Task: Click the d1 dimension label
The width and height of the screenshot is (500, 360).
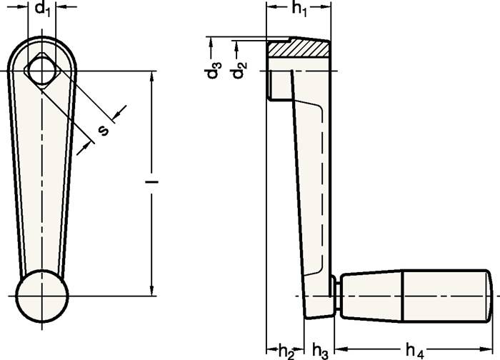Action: (x=42, y=9)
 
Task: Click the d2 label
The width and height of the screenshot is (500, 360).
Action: (x=242, y=69)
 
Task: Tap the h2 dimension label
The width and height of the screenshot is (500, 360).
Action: (x=285, y=349)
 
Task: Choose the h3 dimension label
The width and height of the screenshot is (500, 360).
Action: (x=320, y=349)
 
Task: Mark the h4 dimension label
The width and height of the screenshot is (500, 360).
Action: (x=414, y=349)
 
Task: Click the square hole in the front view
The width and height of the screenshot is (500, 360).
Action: (x=42, y=71)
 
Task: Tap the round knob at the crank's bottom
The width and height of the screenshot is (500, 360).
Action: (x=42, y=294)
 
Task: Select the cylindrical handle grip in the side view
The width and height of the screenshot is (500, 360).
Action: (x=414, y=294)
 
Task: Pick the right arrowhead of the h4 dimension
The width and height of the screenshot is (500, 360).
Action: (x=489, y=349)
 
